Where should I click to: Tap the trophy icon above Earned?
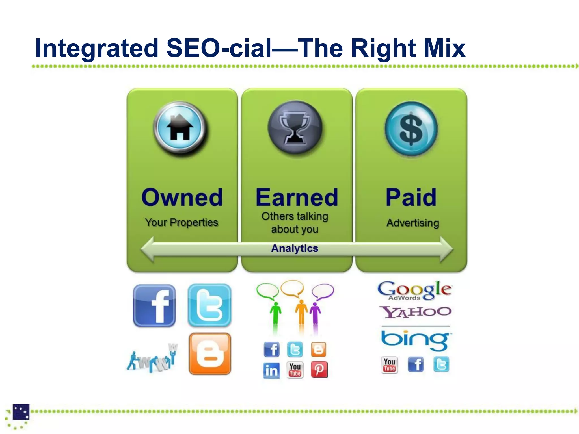tap(295, 127)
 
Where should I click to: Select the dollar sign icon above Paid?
tap(411, 129)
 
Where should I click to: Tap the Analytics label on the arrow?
tap(295, 248)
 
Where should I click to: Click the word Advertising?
tap(413, 223)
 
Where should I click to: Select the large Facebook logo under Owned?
tap(154, 305)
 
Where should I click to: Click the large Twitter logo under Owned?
tap(209, 305)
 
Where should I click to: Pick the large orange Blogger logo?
tap(210, 354)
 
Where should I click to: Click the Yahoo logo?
tap(415, 312)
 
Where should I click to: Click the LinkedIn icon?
tap(272, 370)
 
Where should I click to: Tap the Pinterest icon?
tap(319, 370)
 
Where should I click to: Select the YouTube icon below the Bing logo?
tap(390, 365)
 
